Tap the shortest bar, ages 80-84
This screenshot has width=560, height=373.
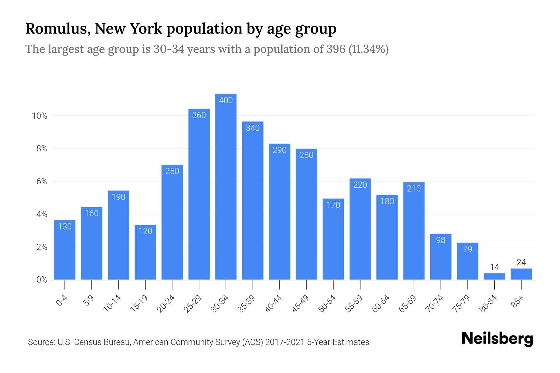click(494, 277)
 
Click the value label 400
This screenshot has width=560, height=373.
click(226, 100)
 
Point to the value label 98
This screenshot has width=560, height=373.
click(441, 240)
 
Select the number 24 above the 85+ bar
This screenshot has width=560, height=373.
click(521, 262)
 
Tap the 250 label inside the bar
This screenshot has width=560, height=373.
click(172, 171)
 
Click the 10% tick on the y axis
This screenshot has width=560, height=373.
click(40, 116)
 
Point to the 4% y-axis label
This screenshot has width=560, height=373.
click(42, 214)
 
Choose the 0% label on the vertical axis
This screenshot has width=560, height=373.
click(42, 280)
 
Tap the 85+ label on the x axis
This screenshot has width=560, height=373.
click(517, 302)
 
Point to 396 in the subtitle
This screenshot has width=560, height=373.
click(336, 49)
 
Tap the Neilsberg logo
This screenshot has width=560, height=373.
click(497, 339)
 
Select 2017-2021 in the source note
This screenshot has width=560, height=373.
click(285, 342)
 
